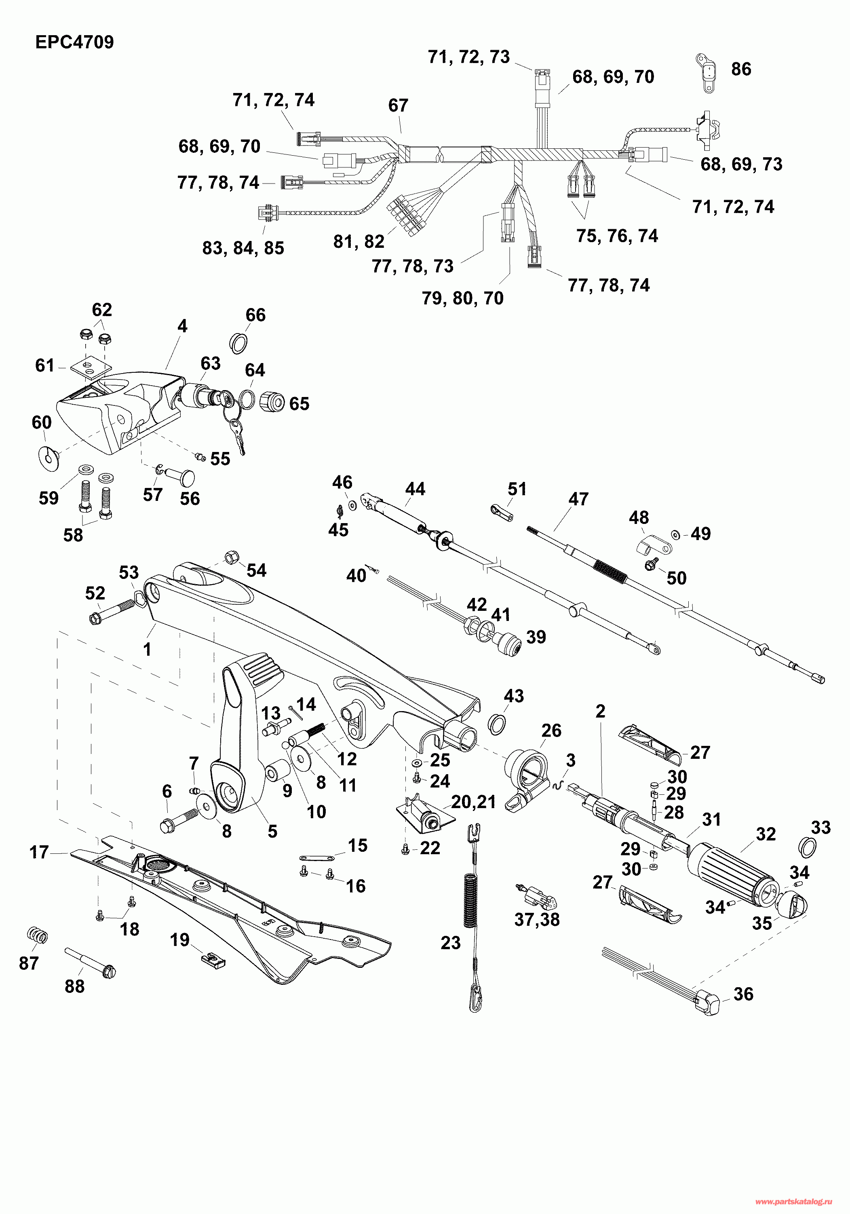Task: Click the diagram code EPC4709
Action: (x=74, y=42)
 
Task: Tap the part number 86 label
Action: (x=741, y=69)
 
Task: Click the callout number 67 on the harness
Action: (x=398, y=106)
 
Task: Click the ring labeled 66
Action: (x=238, y=343)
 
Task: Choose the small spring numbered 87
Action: (x=37, y=936)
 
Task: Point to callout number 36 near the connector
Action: (x=743, y=994)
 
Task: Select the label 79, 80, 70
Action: (x=462, y=298)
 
